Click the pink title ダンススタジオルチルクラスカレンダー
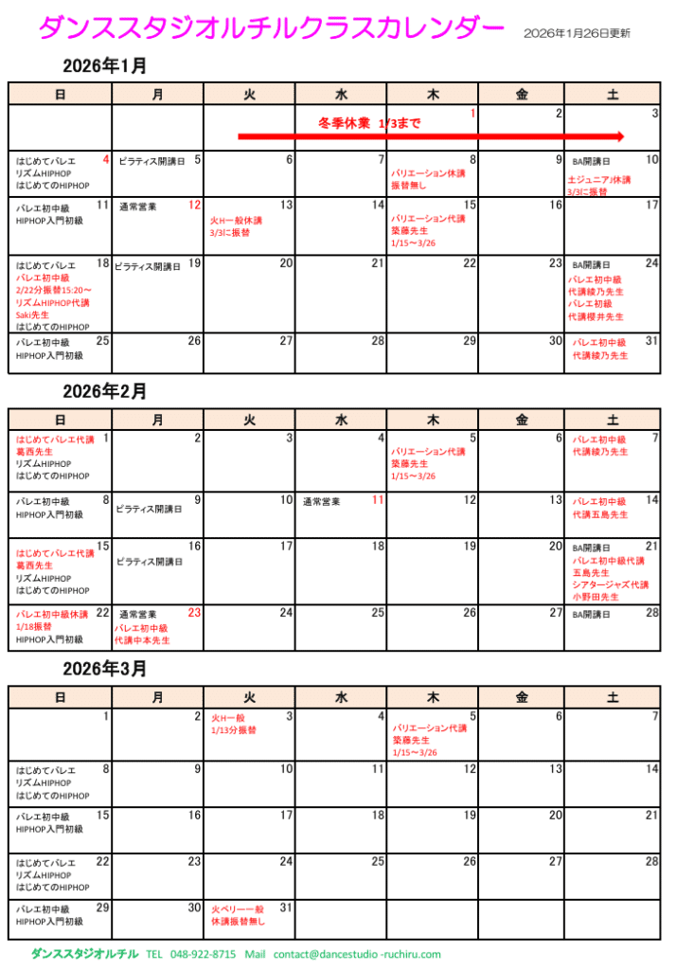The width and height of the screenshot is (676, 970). coord(270,29)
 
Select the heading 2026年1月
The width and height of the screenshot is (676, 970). coord(104,66)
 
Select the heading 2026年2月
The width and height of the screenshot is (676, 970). coord(104,390)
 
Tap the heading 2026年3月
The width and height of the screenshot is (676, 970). coord(104,668)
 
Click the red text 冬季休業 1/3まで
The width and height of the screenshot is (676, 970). coord(369,123)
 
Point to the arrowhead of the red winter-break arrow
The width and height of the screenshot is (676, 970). coord(619,136)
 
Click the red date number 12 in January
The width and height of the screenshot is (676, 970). coord(194,205)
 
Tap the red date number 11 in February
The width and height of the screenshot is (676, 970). coord(378,499)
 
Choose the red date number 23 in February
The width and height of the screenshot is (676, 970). coord(194,613)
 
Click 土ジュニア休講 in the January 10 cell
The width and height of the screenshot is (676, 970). coord(599,179)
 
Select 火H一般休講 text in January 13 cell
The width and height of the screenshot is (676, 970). coord(236,220)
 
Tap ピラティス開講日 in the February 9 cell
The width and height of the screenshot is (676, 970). coord(150,509)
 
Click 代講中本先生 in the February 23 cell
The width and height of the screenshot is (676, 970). coord(142,640)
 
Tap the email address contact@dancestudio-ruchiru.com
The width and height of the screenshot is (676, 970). coord(357,954)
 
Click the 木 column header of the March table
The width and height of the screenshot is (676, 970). coord(433,697)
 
